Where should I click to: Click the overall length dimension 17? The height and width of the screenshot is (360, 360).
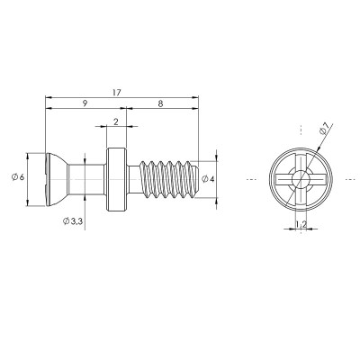(x=117, y=93)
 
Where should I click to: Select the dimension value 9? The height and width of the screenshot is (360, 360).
(x=85, y=103)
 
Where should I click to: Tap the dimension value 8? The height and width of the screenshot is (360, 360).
(x=161, y=103)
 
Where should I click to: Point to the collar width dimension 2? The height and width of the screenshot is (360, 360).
(x=116, y=121)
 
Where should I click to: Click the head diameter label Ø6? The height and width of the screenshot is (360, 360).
(x=18, y=177)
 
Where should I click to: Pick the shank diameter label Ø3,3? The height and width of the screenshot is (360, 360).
(x=73, y=221)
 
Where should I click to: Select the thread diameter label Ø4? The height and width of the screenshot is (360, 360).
(x=208, y=179)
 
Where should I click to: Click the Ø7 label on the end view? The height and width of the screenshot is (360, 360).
(x=326, y=129)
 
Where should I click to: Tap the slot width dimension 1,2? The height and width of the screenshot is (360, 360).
(x=301, y=224)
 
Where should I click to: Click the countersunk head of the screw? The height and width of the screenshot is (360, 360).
(x=57, y=179)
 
